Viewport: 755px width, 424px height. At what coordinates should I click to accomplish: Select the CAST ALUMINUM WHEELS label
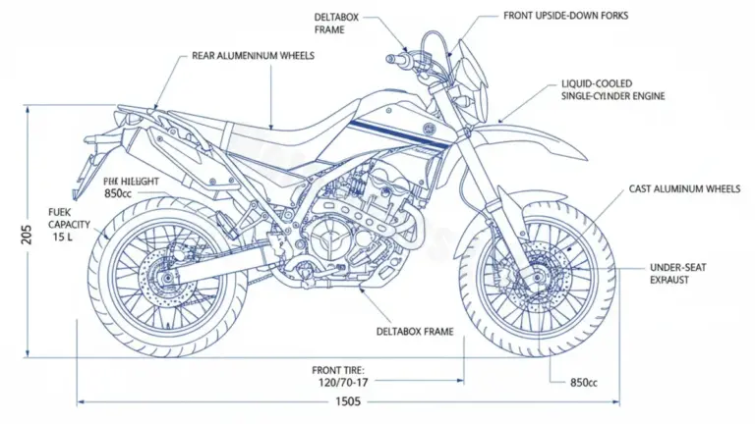pos(683,188)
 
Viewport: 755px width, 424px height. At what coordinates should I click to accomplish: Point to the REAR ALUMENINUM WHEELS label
pos(254,56)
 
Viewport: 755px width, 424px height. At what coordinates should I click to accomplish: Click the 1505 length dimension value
pos(349,401)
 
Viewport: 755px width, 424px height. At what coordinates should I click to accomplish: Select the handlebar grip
pos(399,59)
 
